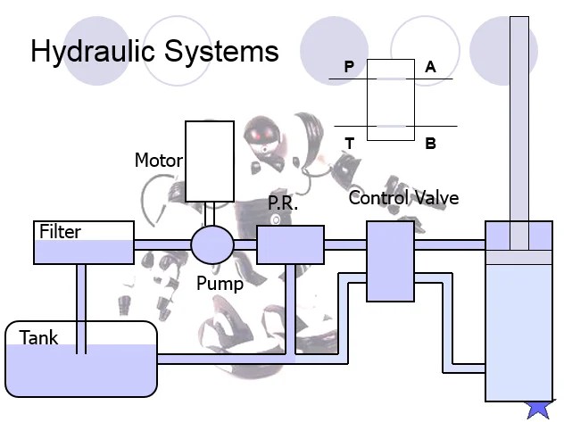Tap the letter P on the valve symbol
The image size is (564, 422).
point(349,67)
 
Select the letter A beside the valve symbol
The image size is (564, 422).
point(431,67)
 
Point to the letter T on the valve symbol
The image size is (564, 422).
point(349,143)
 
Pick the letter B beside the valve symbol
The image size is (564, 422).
point(431,143)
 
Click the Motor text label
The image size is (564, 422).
point(158,161)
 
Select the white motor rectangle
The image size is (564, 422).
point(210,161)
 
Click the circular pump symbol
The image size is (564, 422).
point(212,244)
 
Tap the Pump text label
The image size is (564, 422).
point(220,285)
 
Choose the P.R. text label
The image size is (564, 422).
point(282,203)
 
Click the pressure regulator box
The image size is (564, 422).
point(290,244)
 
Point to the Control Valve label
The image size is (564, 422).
point(403,197)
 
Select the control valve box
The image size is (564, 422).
point(391,261)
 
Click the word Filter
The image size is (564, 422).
point(60,232)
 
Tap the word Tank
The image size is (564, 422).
point(39,338)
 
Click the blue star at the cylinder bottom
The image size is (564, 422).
point(539,406)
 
